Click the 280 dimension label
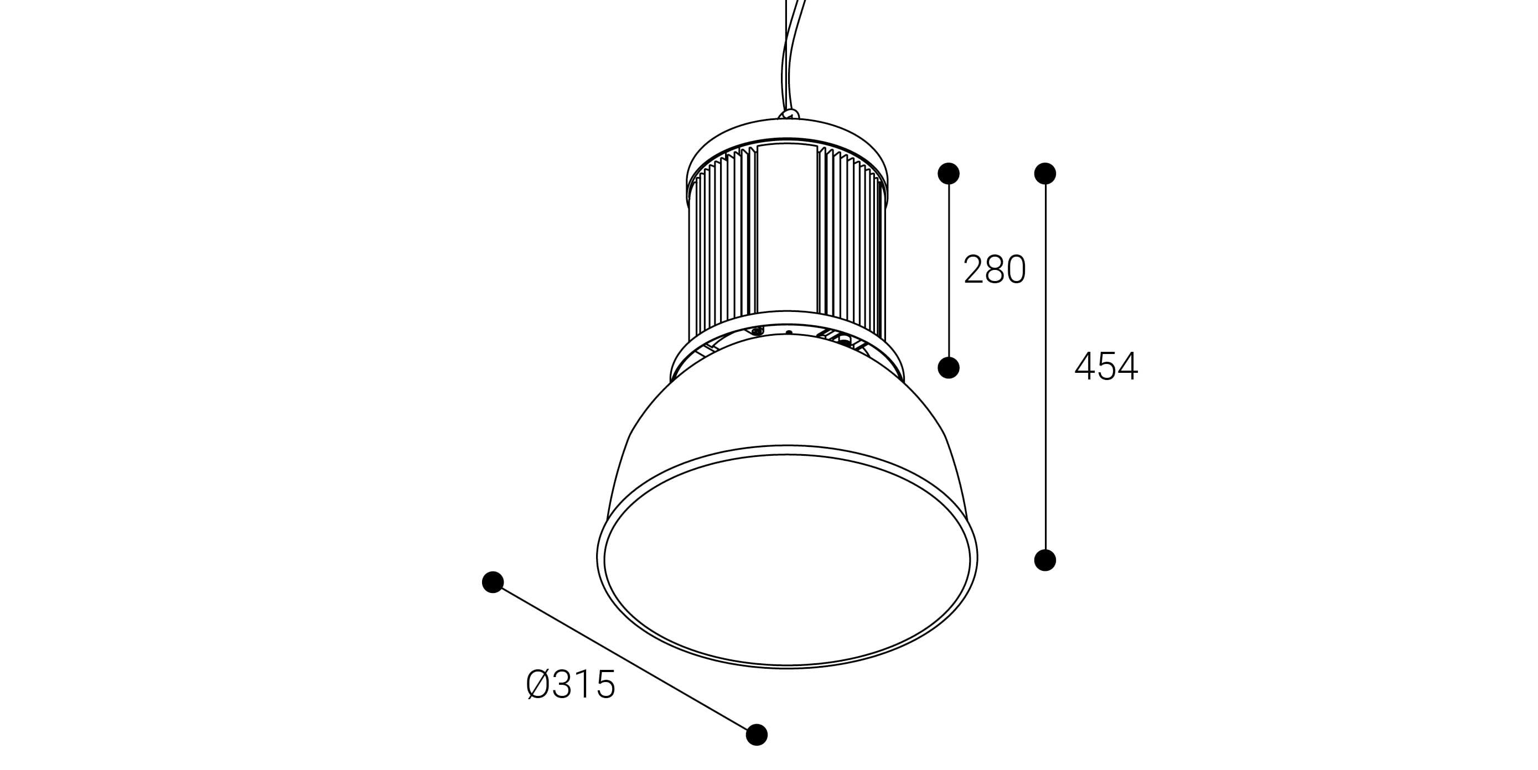(995, 269)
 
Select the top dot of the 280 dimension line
(949, 173)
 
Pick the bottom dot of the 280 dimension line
(949, 368)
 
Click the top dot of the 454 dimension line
(1045, 173)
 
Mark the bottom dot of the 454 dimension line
(1045, 560)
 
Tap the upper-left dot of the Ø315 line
(493, 582)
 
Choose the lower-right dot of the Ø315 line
(757, 734)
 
